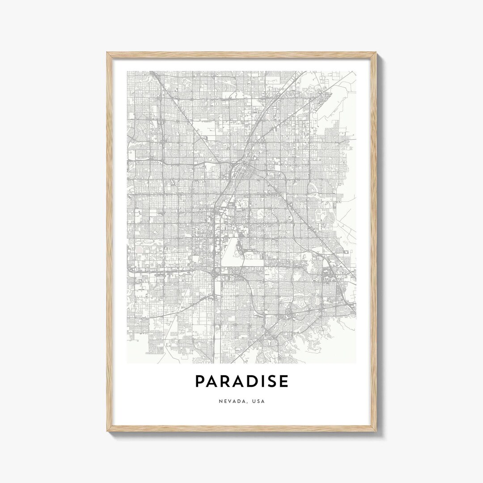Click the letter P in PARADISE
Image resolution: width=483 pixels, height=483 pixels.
(x=200, y=381)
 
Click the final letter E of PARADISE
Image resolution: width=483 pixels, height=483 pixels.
(x=283, y=381)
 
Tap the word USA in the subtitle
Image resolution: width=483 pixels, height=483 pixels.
(x=258, y=401)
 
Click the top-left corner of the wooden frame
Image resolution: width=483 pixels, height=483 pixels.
(x=108, y=53)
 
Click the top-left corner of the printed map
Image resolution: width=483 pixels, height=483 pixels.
(x=127, y=72)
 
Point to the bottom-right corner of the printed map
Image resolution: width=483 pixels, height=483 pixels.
(x=356, y=363)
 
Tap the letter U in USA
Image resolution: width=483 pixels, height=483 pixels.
(x=254, y=401)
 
